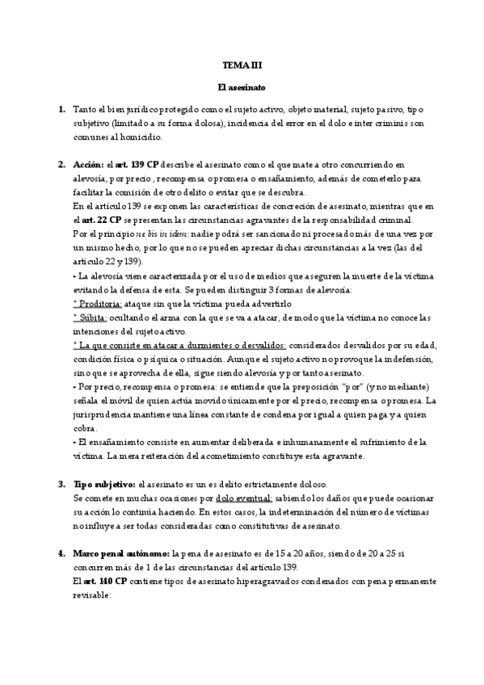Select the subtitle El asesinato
[x=242, y=86]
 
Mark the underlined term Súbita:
[x=89, y=317]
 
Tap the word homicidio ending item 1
[x=139, y=137]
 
